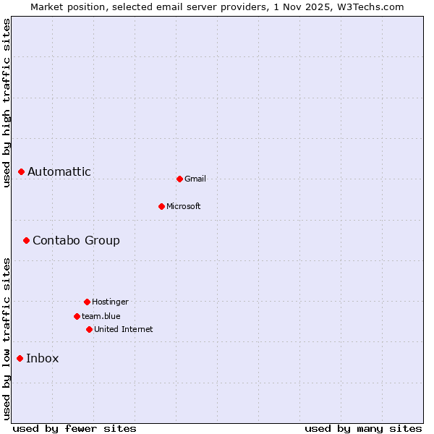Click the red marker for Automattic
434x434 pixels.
(x=22, y=171)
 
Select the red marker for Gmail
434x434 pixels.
(x=179, y=179)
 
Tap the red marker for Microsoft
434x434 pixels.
(x=161, y=206)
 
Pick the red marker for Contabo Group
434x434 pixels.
(x=26, y=240)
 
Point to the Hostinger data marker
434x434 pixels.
(x=87, y=302)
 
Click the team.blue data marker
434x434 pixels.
(x=77, y=316)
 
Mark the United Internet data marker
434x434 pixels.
(x=89, y=329)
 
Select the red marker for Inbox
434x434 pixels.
(x=20, y=358)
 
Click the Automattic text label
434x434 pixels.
(x=59, y=171)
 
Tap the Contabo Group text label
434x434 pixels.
(x=76, y=240)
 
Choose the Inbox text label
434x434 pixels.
(x=43, y=358)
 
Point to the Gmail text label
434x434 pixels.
(x=195, y=179)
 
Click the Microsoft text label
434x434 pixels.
(x=184, y=206)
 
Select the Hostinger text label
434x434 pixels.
(x=110, y=302)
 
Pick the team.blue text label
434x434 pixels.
(x=101, y=316)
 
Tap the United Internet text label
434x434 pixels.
(x=124, y=329)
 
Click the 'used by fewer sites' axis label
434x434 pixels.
(x=75, y=428)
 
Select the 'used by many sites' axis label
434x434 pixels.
(x=363, y=428)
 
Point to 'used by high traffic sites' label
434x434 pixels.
(x=7, y=103)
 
